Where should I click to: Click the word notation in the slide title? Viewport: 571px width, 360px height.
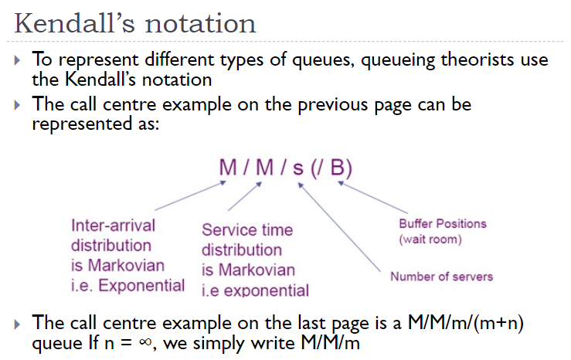pos(206,22)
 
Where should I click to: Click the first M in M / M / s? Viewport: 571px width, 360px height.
pos(227,168)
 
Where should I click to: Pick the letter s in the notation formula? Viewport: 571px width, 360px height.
pos(297,168)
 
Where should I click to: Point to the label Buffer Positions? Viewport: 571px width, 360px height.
pos(442,224)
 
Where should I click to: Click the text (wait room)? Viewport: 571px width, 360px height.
pos(430,239)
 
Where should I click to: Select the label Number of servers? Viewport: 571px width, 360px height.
pos(441,276)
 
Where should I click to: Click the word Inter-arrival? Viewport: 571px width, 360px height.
pos(113,226)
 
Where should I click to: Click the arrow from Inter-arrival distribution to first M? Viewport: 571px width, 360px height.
pos(189,196)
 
